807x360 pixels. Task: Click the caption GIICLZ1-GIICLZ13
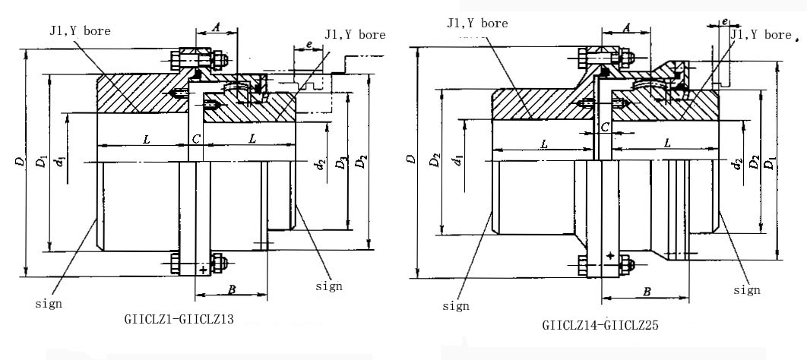coord(178,320)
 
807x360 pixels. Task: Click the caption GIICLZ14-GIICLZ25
coord(600,325)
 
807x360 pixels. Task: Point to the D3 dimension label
coord(344,162)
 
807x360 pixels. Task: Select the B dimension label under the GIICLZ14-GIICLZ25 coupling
coord(646,291)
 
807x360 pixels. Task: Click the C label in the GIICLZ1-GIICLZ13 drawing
coord(196,139)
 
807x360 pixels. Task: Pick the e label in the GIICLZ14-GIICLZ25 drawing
coord(726,22)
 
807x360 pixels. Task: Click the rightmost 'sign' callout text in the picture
coord(747,289)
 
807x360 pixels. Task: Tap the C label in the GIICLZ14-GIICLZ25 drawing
coord(605,127)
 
